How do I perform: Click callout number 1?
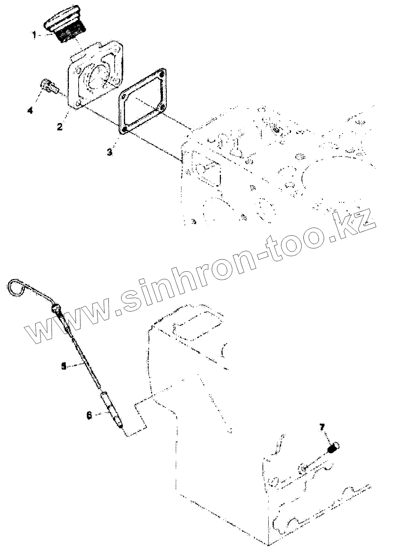(34, 35)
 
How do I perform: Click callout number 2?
(60, 126)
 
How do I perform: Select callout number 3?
(110, 152)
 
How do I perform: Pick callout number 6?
(89, 415)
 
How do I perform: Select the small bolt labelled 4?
(48, 85)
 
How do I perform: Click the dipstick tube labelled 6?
(112, 410)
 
